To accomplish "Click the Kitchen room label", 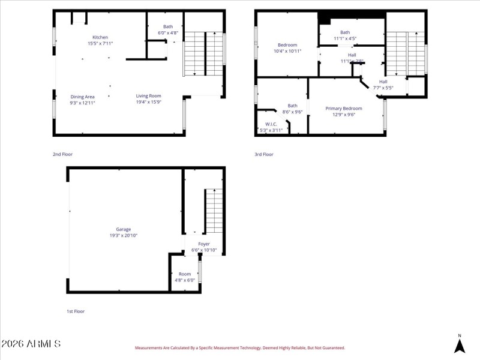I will pos(100,37).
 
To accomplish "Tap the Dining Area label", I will pos(83,97).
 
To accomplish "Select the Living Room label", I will pos(148,96).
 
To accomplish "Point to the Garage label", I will pos(124,229).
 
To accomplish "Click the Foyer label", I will pos(204,244).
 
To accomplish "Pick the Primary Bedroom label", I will pos(344,109).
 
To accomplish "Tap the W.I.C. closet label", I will pos(271,124).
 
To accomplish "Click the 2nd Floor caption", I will pos(62,154).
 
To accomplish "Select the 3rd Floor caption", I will pos(264,154).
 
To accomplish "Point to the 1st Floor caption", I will pos(76,311).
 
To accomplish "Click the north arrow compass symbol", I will pos(460,346).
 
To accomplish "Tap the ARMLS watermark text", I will pos(31,344).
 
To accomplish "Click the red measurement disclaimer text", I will pos(240,348).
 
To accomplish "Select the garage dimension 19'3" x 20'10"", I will pos(124,235).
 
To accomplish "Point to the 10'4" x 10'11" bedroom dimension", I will pos(287,51).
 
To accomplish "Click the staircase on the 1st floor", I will pos(214,211).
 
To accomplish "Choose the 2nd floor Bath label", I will pos(168,26).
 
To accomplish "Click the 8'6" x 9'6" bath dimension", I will pos(292,112).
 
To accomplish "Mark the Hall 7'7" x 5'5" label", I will pos(383,85).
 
